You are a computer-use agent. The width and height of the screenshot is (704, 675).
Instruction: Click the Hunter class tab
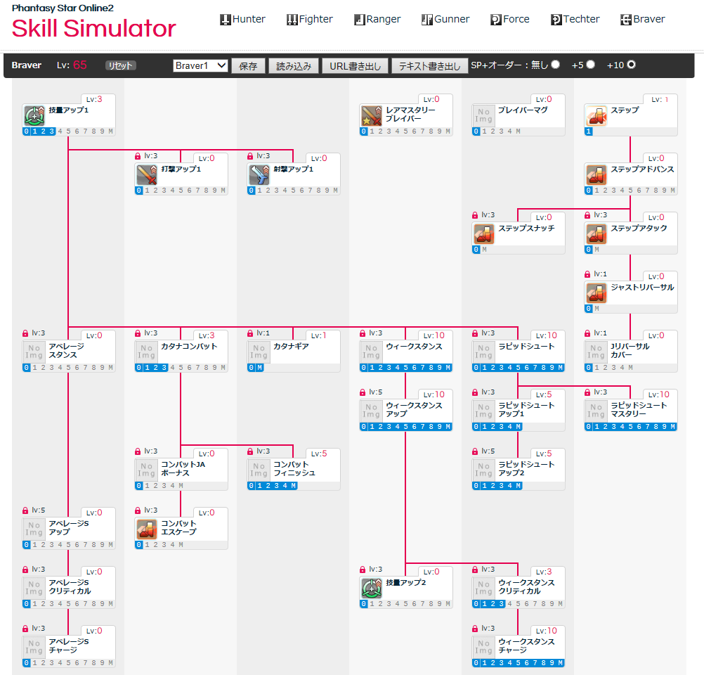(x=242, y=20)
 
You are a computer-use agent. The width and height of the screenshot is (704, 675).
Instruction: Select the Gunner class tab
(x=445, y=20)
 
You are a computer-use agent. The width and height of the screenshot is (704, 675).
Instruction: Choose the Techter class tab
(x=575, y=20)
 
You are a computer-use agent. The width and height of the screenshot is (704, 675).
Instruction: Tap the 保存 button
(x=248, y=66)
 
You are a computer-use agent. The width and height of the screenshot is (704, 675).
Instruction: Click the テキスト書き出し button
(x=429, y=66)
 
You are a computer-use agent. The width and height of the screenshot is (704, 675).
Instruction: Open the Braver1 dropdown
(x=200, y=65)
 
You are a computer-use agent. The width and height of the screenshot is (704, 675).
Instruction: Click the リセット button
(x=120, y=65)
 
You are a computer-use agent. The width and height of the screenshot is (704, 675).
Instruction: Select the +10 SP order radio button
(x=631, y=65)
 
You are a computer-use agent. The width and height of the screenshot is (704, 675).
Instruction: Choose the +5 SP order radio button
(x=590, y=65)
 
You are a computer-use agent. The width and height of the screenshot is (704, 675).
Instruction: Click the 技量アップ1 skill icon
(x=34, y=115)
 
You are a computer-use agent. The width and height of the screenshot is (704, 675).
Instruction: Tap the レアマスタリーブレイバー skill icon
(x=371, y=115)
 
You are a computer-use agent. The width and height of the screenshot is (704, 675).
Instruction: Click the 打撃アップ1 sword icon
(x=146, y=174)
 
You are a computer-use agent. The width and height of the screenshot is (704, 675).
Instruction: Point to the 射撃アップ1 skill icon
(x=259, y=174)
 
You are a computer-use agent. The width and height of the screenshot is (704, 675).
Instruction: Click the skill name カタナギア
(x=291, y=347)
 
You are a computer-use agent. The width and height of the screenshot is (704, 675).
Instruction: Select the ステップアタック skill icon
(x=596, y=233)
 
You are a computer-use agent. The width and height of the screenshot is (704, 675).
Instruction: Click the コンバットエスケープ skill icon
(x=146, y=529)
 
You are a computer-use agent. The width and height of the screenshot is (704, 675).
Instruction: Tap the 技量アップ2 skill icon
(x=371, y=588)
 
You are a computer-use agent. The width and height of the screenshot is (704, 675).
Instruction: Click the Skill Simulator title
(x=93, y=29)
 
